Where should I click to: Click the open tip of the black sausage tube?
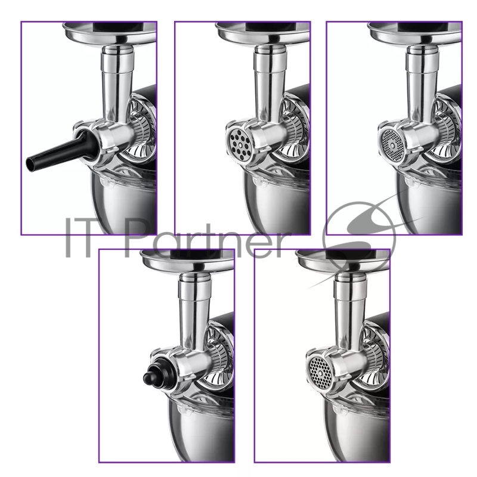pos(30,165)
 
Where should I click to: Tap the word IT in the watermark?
pos(79,237)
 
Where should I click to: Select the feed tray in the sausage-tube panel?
pos(110,34)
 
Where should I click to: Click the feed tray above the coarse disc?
pos(263,34)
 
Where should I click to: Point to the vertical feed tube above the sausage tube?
pos(117,82)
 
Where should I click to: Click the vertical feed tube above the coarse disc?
pos(270,82)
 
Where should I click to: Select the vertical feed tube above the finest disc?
pos(422,82)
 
